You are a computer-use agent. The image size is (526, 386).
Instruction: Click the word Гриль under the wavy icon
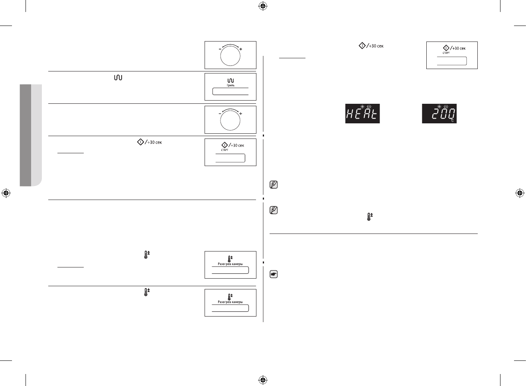click(230, 85)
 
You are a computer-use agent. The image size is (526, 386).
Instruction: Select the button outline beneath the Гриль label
click(230, 92)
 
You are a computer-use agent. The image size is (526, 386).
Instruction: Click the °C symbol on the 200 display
click(453, 120)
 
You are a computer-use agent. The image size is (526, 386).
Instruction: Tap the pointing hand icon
click(274, 274)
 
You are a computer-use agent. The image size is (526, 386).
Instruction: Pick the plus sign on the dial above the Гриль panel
click(241, 49)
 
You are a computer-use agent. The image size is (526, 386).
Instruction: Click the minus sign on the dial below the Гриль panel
click(220, 114)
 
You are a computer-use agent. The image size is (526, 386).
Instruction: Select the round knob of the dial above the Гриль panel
click(230, 56)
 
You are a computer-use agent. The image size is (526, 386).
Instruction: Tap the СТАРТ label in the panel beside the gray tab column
click(225, 150)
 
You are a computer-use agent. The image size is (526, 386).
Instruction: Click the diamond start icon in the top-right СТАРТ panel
click(446, 48)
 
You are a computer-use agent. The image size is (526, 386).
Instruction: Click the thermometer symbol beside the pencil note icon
click(369, 217)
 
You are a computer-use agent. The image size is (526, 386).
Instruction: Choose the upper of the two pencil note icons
click(274, 185)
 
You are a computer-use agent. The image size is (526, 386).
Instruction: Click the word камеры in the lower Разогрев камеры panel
click(236, 302)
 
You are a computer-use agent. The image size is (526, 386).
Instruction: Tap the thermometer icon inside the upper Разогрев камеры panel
click(230, 258)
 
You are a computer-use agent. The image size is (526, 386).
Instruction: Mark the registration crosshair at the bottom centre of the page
click(262, 380)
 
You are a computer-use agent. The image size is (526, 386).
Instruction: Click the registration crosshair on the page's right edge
click(519, 193)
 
